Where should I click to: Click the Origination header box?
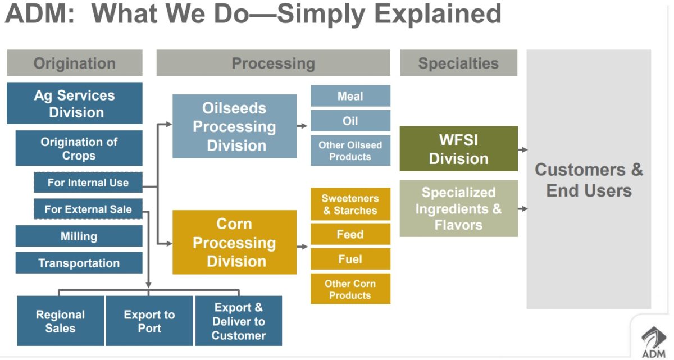coord(74,63)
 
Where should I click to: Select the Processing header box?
coord(273,63)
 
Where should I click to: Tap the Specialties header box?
coord(458,63)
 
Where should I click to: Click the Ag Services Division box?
coord(74,103)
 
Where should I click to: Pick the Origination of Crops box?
coord(79,148)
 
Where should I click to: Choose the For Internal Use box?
coord(88,183)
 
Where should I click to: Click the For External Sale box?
coord(88,209)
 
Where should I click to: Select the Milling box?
coord(79,236)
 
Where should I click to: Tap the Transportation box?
coord(79,263)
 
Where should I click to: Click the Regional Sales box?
coord(60,321)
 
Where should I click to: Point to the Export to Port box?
coord(149,321)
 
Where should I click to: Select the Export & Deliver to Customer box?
coord(238,321)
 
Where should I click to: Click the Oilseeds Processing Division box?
coord(234,126)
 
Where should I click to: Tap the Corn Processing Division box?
coord(234,242)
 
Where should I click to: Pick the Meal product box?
coord(350,96)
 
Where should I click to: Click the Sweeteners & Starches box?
coord(350,204)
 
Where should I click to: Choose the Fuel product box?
coord(350,259)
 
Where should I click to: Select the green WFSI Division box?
coord(458,149)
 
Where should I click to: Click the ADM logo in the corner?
coord(653,340)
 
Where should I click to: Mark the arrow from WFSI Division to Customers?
coord(522,150)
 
